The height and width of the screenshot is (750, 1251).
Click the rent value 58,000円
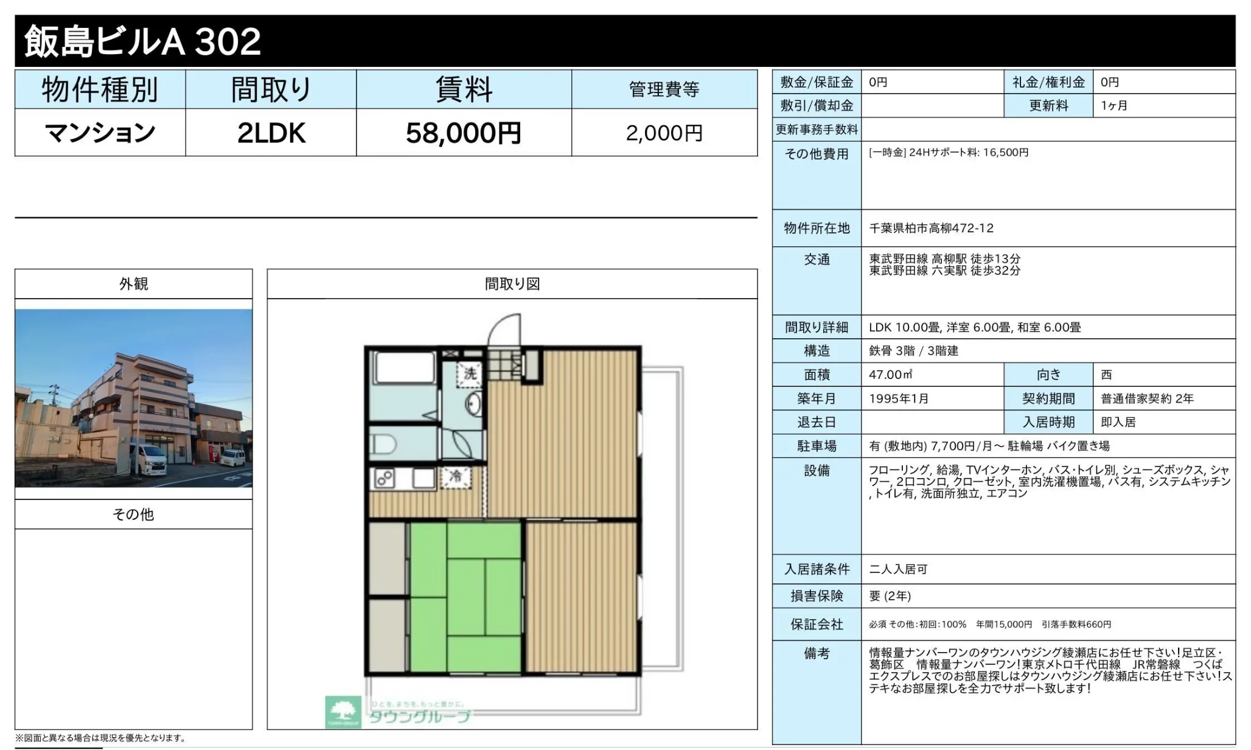click(463, 133)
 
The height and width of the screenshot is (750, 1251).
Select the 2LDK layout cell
click(271, 133)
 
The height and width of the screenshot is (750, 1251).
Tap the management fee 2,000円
click(664, 133)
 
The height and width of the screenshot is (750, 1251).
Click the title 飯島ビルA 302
click(142, 41)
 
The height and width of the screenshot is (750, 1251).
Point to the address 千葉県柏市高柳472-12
click(931, 228)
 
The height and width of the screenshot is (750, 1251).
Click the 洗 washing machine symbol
click(470, 373)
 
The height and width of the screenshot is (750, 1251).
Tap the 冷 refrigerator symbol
click(455, 477)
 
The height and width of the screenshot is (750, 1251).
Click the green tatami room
click(465, 597)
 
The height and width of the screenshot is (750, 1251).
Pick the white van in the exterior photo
click(147, 459)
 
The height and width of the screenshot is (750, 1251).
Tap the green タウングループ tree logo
click(343, 712)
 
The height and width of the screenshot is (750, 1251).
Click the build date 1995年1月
click(899, 398)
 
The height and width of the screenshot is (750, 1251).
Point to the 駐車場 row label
click(817, 446)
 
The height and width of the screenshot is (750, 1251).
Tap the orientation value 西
click(1106, 375)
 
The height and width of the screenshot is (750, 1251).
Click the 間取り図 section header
click(512, 284)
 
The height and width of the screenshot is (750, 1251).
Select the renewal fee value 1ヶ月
click(1113, 105)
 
